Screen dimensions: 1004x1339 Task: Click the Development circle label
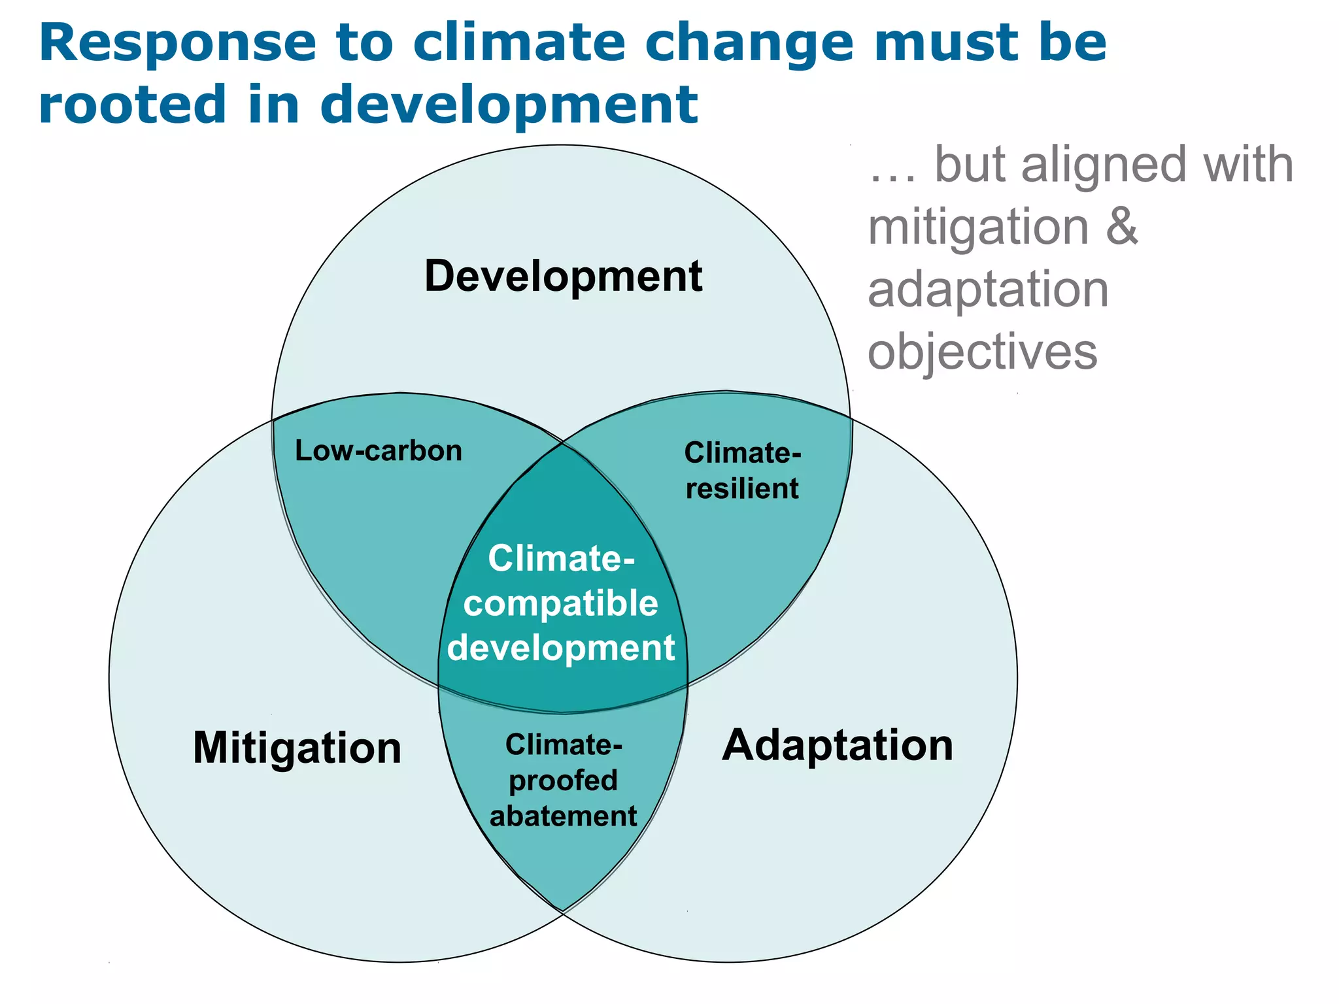(x=563, y=276)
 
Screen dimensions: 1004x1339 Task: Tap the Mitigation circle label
(x=297, y=748)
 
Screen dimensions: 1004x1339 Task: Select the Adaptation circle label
(x=838, y=745)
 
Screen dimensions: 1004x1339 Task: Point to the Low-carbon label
(x=379, y=451)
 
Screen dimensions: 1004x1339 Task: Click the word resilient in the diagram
(x=742, y=489)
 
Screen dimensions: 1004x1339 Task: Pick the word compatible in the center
(x=560, y=603)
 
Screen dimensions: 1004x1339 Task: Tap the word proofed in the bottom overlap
(x=563, y=781)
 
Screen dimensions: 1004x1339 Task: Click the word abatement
(x=563, y=816)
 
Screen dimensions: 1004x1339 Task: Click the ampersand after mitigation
(x=1122, y=227)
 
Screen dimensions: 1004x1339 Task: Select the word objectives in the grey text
(x=982, y=353)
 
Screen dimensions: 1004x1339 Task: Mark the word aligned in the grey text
(x=1103, y=166)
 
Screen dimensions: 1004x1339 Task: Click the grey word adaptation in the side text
(x=988, y=291)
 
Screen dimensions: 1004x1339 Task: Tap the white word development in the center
(x=560, y=648)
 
